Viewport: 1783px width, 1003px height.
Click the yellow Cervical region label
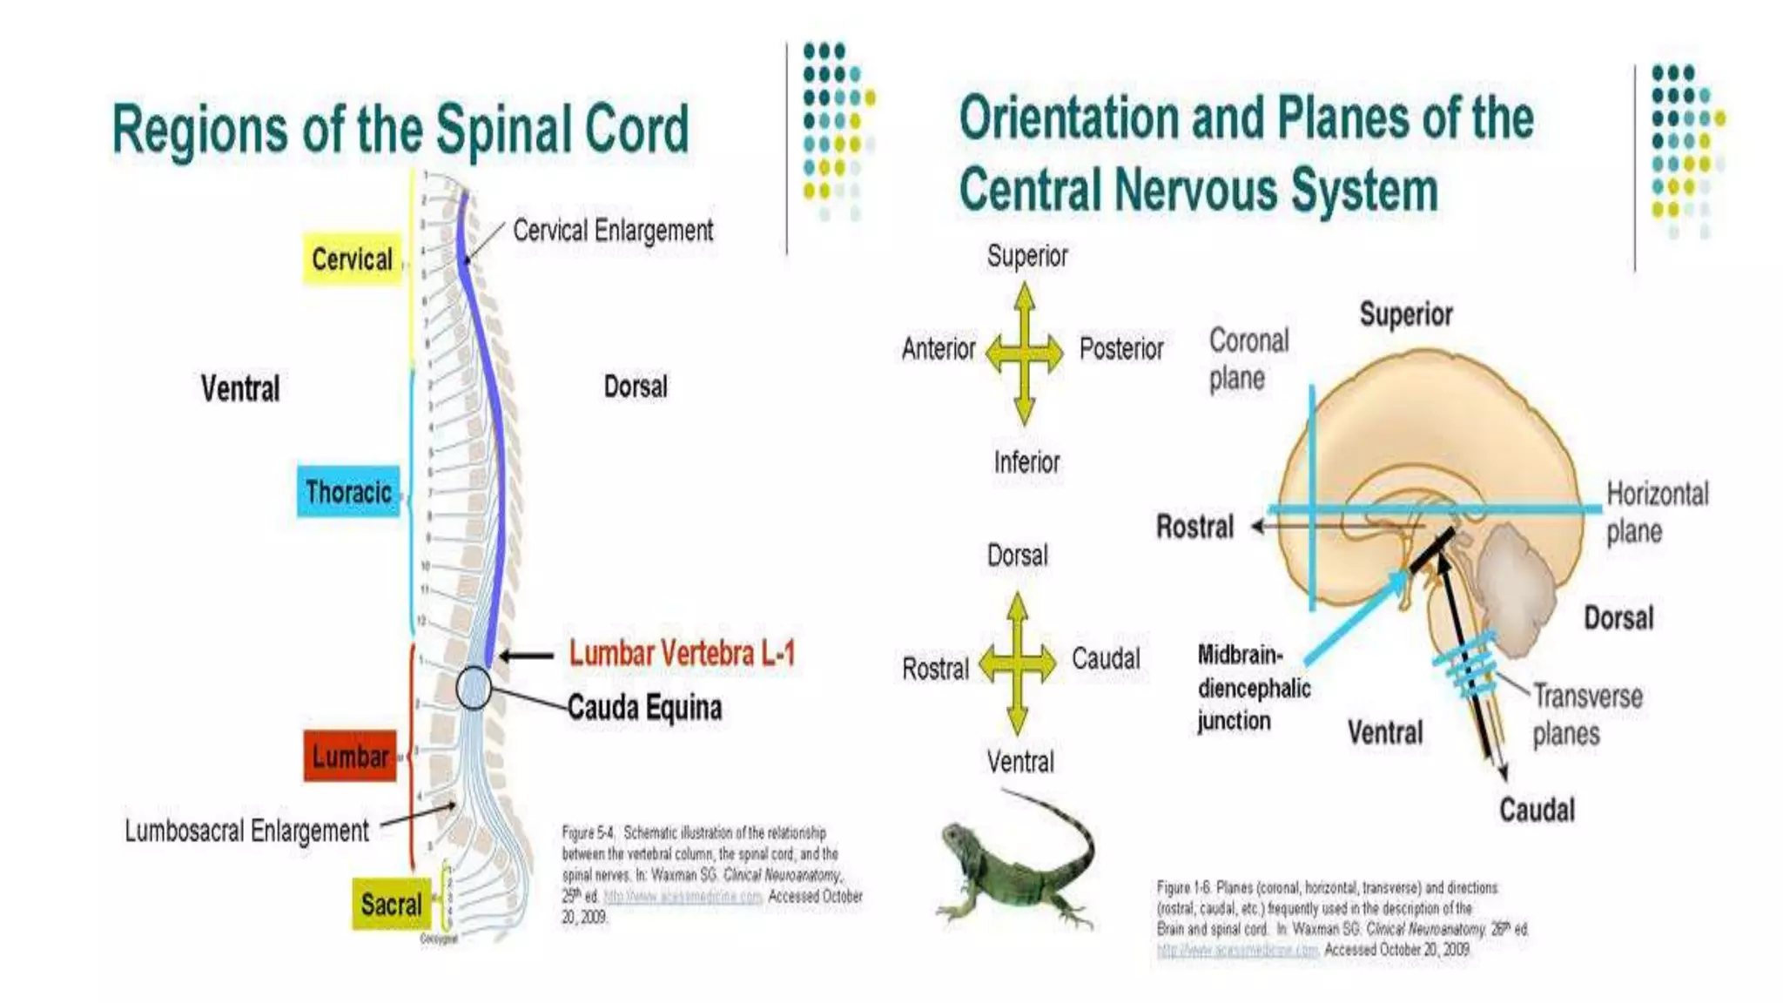(352, 259)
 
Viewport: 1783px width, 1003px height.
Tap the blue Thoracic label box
(348, 492)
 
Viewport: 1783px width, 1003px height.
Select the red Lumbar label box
(350, 756)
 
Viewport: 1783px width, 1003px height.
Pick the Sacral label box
(391, 904)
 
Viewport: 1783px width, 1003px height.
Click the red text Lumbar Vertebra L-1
(682, 653)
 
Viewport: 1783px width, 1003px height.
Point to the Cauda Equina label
(644, 707)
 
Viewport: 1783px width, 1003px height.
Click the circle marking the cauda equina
(474, 688)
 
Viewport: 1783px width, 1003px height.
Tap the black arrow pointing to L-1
(526, 656)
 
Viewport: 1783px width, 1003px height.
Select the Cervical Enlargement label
(612, 231)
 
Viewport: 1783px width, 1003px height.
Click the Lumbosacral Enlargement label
(246, 831)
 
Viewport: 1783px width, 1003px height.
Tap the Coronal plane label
(1248, 359)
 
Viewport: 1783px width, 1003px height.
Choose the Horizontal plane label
(1657, 512)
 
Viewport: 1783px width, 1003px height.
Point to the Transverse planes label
(1586, 714)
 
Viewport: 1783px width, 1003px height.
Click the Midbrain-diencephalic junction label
(1253, 688)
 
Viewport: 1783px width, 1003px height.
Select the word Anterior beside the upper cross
(938, 349)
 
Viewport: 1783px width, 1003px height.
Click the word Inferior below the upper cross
(1026, 461)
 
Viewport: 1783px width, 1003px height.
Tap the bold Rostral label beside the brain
(1194, 527)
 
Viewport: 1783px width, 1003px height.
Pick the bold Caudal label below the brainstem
(1537, 810)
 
